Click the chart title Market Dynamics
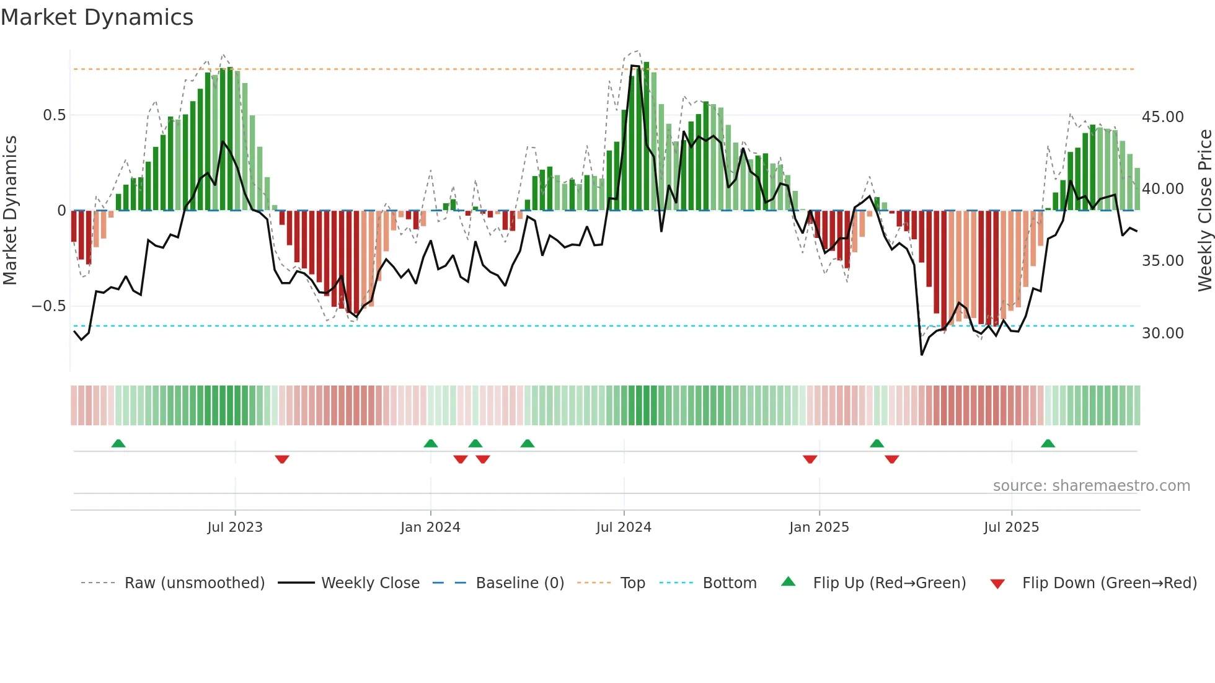[97, 17]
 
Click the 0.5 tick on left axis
[54, 115]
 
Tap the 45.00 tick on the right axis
[1162, 117]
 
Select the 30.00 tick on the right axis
[1162, 333]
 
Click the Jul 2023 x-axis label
[235, 527]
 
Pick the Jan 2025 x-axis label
[819, 527]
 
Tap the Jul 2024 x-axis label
[624, 527]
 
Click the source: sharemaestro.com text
[1091, 486]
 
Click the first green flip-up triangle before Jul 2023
[118, 443]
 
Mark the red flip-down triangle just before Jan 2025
[810, 459]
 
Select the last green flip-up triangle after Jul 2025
[1048, 443]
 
